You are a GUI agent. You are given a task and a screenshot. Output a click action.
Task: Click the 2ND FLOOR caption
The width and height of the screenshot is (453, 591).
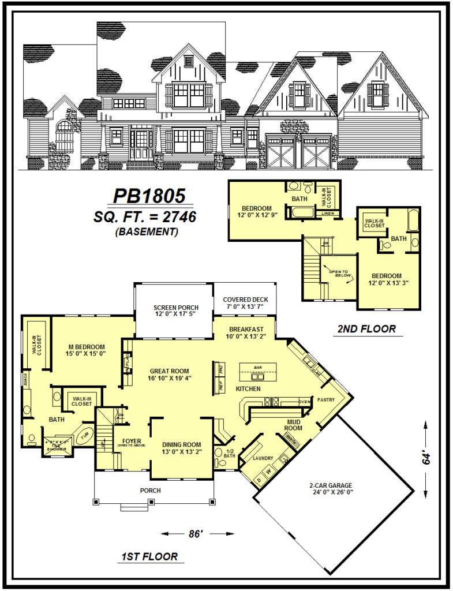point(366,329)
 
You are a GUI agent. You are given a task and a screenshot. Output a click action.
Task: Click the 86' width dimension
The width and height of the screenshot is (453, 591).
point(196,534)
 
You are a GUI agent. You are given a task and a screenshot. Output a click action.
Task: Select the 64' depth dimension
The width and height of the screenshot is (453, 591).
point(426,458)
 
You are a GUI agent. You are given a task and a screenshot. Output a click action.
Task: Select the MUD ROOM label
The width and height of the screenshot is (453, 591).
point(295,425)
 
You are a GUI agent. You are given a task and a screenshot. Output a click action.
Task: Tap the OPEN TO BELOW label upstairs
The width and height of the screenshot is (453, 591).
point(336,274)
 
